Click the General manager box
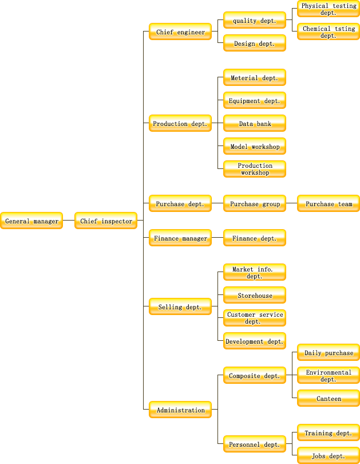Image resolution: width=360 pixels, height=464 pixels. [31, 221]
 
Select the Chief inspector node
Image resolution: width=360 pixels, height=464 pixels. [106, 221]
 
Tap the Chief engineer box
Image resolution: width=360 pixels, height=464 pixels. [180, 32]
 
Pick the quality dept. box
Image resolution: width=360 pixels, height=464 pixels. [255, 20]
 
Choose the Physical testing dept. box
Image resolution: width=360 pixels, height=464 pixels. [329, 9]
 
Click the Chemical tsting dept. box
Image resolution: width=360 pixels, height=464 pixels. [329, 32]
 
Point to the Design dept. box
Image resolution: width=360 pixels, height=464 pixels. [255, 43]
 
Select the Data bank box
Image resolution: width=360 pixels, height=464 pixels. [255, 123]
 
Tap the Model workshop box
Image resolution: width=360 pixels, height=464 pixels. [255, 146]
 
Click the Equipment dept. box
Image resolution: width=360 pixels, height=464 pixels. [255, 100]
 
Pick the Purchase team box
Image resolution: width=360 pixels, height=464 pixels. [329, 203]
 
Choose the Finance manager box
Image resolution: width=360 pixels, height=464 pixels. [180, 238]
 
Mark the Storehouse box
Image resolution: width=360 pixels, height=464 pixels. [255, 295]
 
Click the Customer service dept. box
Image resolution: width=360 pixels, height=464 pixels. [255, 318]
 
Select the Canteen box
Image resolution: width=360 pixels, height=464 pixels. [329, 398]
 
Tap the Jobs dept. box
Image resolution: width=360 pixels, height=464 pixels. [329, 455]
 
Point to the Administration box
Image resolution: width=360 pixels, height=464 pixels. [180, 410]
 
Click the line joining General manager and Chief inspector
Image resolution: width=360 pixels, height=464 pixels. [69, 220]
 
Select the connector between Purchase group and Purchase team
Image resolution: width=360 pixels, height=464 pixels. [292, 203]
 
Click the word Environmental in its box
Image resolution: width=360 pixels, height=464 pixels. [329, 372]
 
